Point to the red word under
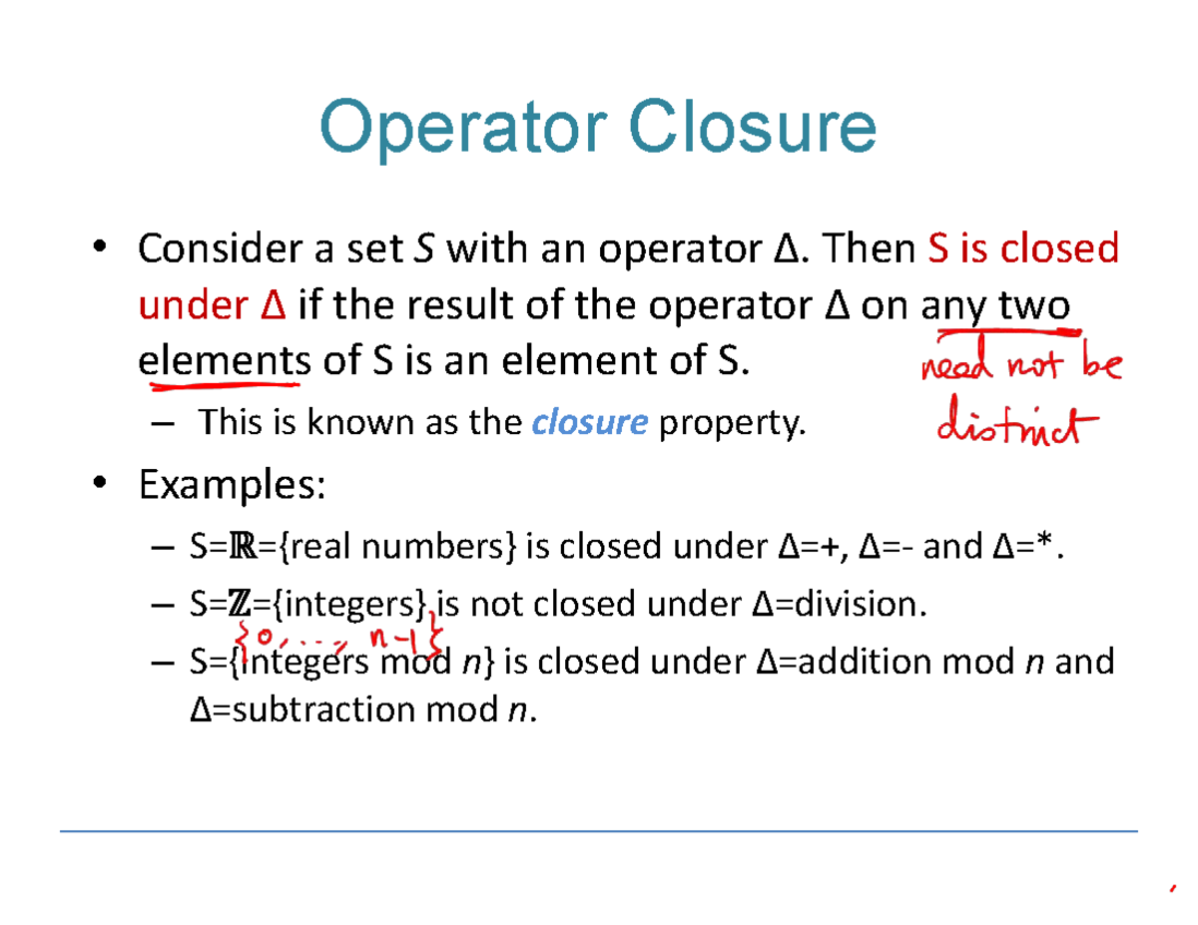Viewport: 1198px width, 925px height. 185,304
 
